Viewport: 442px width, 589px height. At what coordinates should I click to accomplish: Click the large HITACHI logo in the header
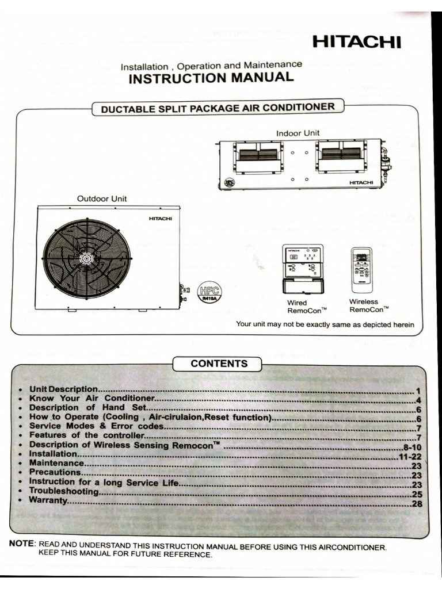[x=356, y=43]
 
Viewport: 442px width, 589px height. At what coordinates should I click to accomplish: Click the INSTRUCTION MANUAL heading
[x=211, y=78]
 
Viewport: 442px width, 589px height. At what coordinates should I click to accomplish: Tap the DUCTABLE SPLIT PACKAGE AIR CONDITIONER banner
[x=218, y=108]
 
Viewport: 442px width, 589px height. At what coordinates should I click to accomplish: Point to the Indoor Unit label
[x=298, y=133]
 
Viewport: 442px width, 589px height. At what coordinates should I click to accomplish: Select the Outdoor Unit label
[x=102, y=198]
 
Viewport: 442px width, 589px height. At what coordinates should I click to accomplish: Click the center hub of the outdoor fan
[x=86, y=259]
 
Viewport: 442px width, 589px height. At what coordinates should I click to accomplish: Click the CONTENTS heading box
[x=219, y=364]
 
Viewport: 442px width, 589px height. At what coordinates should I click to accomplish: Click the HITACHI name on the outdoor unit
[x=160, y=218]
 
